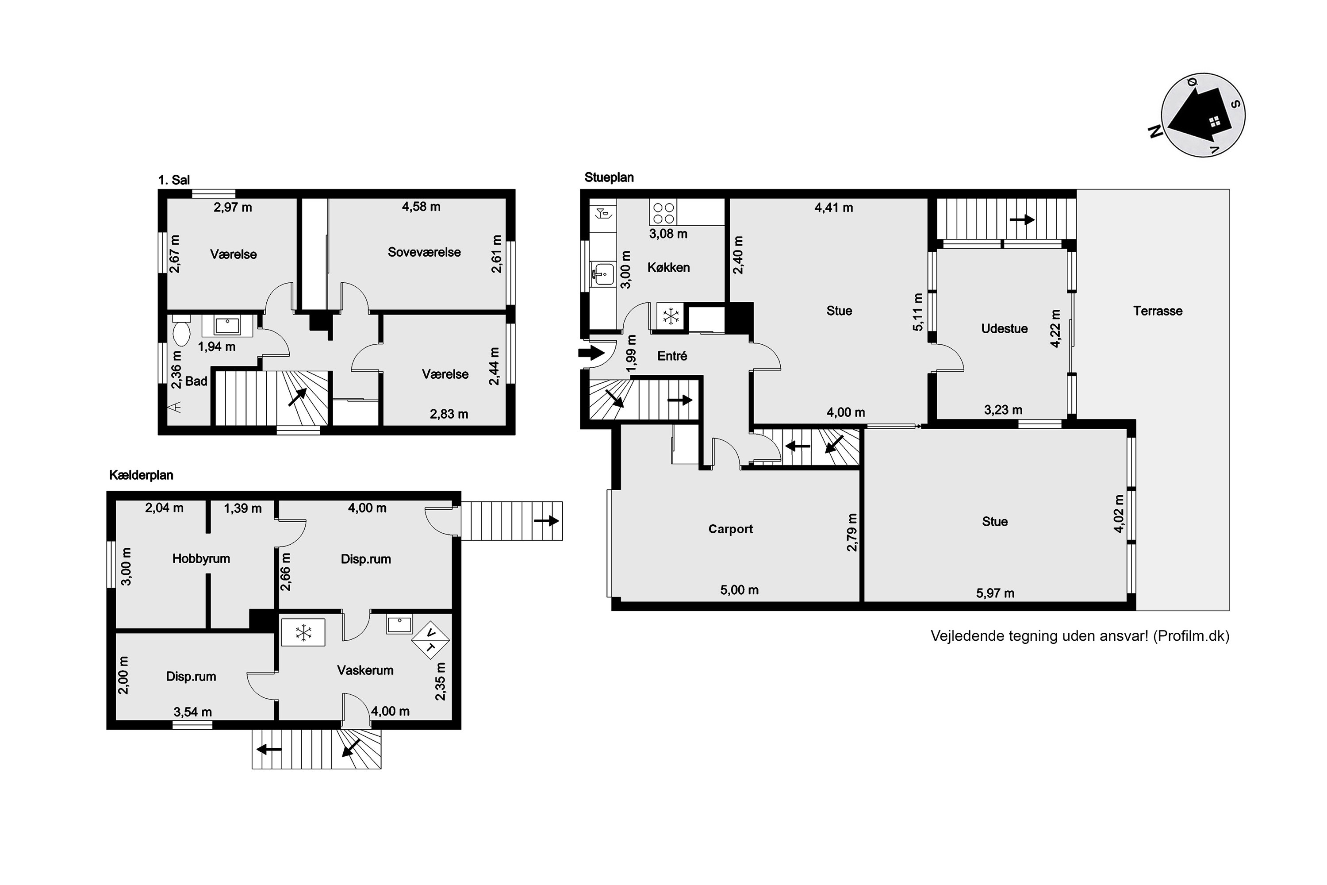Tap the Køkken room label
tap(668, 268)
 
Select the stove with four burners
tap(663, 212)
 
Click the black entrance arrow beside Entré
tap(591, 353)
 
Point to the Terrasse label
tap(1158, 311)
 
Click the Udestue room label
tap(1004, 328)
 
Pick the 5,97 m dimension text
tap(995, 593)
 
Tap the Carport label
tap(731, 529)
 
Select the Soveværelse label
tap(424, 252)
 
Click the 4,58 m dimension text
tap(421, 207)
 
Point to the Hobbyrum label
tap(201, 559)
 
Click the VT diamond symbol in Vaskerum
tap(430, 640)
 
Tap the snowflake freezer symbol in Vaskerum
tap(303, 632)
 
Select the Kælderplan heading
tap(141, 475)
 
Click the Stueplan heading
tap(610, 177)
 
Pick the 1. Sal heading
tap(174, 180)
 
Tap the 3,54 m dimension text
tap(193, 712)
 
